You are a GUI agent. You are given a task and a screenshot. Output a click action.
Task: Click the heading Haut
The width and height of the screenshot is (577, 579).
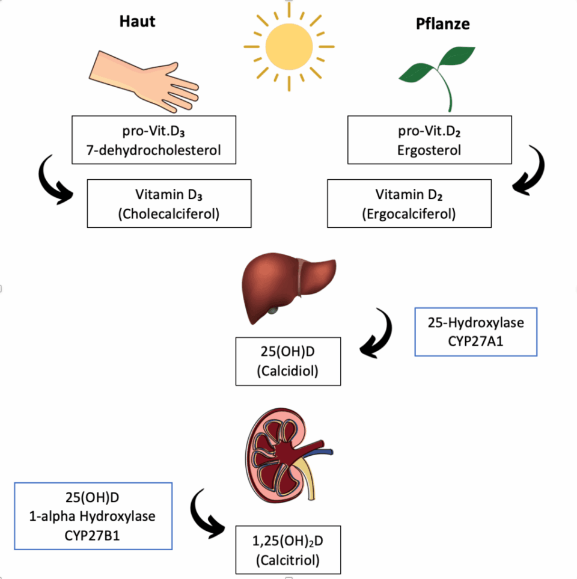coord(137,22)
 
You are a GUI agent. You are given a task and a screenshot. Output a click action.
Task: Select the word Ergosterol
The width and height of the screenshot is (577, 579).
coord(429,150)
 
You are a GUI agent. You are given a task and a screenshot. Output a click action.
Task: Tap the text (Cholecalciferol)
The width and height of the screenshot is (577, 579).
coord(169,213)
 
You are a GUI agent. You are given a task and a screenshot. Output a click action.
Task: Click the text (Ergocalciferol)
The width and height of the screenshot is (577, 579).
coord(409,213)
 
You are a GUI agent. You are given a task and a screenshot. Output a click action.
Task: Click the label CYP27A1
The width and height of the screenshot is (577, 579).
coord(475,340)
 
